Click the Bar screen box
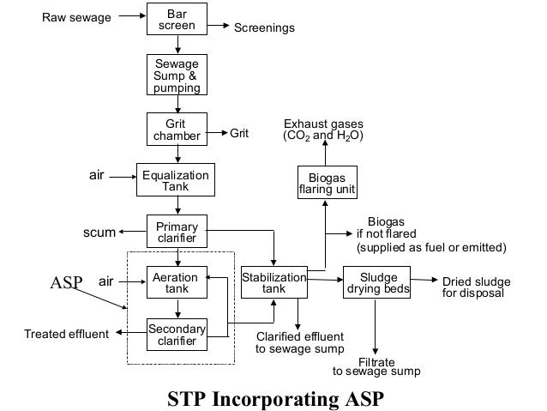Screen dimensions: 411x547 [177, 21]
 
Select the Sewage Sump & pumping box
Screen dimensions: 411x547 [177, 76]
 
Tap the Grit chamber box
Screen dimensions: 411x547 [177, 130]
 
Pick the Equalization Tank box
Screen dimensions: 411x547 [175, 181]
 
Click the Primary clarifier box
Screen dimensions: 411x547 [177, 232]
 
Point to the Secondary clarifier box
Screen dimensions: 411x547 [177, 335]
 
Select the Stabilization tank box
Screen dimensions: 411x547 [273, 284]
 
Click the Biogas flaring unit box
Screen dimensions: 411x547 [327, 184]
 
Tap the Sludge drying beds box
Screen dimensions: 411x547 [378, 284]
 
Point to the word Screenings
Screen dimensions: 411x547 [264, 28]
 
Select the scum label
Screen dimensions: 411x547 [99, 232]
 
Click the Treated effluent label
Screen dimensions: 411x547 [66, 334]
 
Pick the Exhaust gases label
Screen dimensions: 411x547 [323, 130]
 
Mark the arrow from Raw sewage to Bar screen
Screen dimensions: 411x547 [131, 16]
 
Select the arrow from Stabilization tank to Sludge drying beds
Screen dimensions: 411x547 [325, 279]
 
